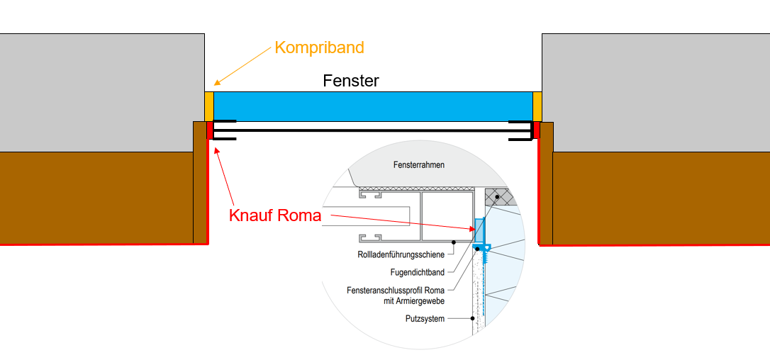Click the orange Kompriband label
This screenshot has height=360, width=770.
319,48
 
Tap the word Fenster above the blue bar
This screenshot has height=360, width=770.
351,81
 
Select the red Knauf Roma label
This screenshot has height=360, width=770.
275,215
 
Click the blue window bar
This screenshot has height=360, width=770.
373,106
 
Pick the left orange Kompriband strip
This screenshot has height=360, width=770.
208,106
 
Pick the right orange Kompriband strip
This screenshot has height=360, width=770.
537,106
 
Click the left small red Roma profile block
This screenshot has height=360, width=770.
210,130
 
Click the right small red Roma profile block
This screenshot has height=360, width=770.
537,130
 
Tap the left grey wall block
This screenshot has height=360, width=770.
99,92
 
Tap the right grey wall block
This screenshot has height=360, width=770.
656,92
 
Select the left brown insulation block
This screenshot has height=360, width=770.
96,197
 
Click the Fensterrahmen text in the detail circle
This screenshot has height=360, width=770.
419,164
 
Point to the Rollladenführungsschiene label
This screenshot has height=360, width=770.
401,254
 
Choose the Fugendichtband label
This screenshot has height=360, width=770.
418,272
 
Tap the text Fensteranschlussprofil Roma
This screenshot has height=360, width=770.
396,291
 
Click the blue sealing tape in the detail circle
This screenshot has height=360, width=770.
479,230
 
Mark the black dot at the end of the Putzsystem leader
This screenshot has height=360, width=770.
473,318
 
